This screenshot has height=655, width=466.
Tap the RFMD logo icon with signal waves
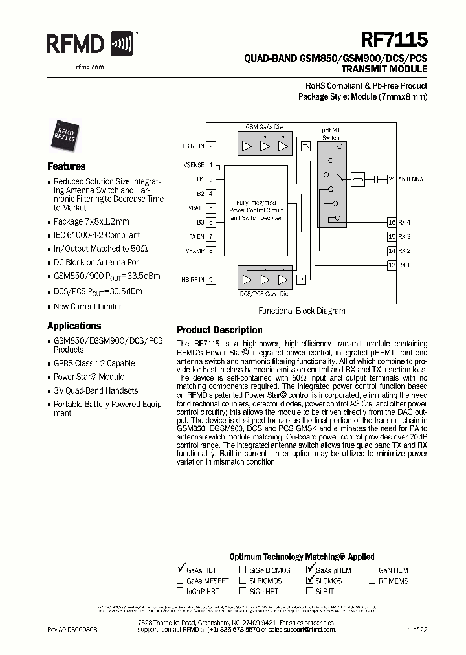(x=124, y=45)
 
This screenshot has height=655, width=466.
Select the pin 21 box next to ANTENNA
(x=391, y=179)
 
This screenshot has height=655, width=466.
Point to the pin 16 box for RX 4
(x=391, y=222)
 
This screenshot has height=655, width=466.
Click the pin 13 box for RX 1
(x=391, y=265)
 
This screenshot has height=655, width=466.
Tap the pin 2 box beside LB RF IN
(x=211, y=146)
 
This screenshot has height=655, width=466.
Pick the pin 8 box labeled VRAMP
(x=211, y=250)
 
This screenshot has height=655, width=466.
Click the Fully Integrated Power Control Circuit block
(x=256, y=210)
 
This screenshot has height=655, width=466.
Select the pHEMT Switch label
(x=331, y=134)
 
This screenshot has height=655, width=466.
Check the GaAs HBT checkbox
(x=181, y=570)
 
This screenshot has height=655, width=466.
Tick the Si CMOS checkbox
(x=309, y=581)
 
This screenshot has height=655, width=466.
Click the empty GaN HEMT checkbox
(x=373, y=570)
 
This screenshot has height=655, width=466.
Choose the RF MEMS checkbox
(x=373, y=581)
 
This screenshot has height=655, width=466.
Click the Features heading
(x=66, y=166)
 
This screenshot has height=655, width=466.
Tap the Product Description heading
(x=219, y=330)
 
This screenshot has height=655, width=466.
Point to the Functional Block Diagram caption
(x=302, y=311)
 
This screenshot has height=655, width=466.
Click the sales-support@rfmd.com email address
(x=302, y=629)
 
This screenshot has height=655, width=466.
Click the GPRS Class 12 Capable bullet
(x=94, y=363)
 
